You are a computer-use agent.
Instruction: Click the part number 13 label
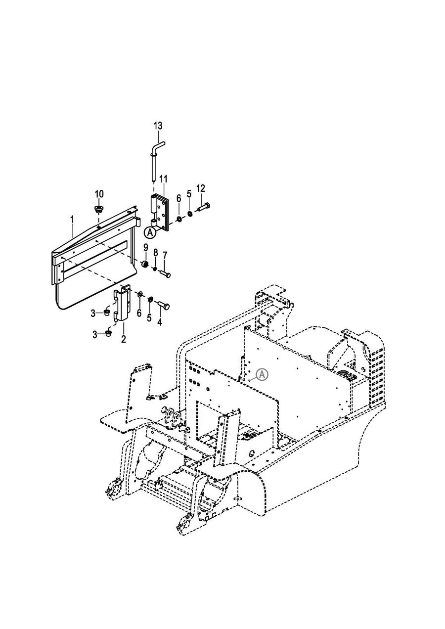pos(158,126)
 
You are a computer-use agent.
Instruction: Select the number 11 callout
pos(163,179)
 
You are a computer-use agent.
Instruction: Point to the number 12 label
pos(201,188)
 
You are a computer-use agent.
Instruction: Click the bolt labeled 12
pos(204,208)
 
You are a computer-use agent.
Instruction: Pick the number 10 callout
pos(99,194)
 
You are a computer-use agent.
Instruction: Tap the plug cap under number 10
pos(98,209)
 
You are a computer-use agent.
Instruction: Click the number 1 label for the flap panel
pos(72,219)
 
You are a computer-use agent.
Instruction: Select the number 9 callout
pos(146,248)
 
